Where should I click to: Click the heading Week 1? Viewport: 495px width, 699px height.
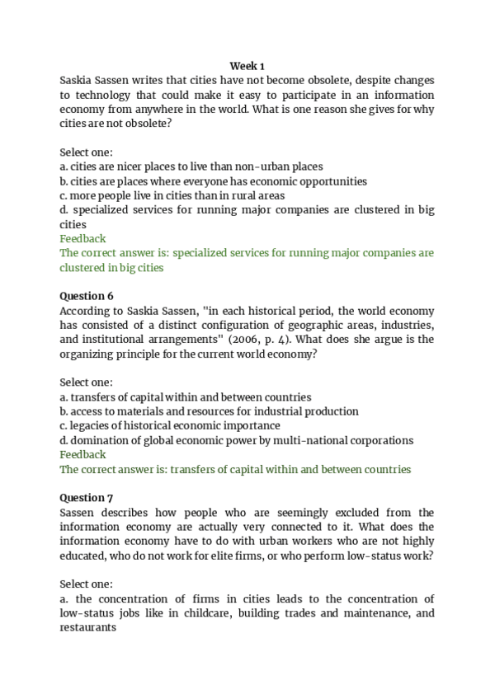click(247, 65)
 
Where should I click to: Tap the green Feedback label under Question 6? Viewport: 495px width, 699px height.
click(82, 454)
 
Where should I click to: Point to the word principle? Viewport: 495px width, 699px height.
click(131, 354)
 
